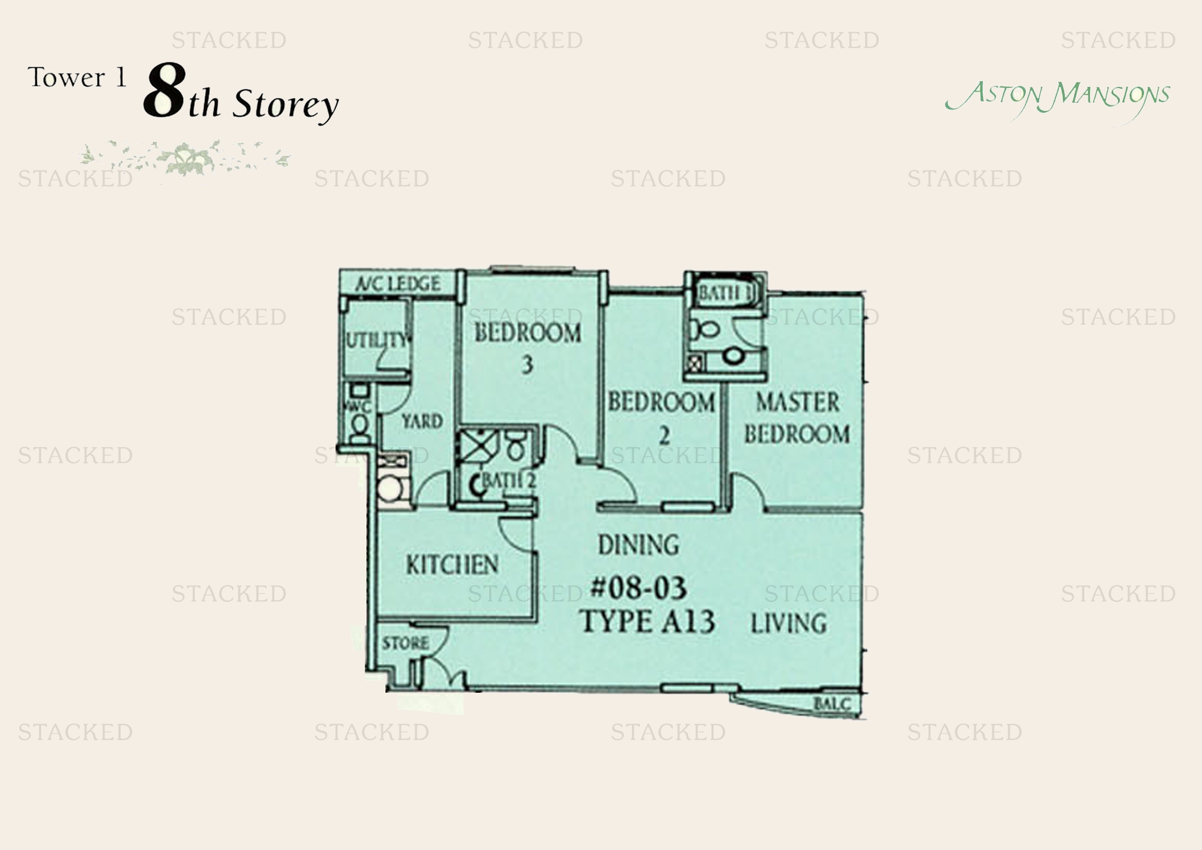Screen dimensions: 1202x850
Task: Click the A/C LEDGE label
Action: (398, 284)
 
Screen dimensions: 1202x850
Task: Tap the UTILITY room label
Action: (377, 340)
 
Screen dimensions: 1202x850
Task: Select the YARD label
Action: (422, 421)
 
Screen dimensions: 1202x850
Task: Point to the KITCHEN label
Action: (452, 565)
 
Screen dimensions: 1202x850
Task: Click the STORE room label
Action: (405, 643)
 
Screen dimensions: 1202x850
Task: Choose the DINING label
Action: (639, 545)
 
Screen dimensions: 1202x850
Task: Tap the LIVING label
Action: (789, 623)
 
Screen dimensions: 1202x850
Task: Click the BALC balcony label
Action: (831, 704)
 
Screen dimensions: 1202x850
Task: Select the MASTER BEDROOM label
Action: (797, 418)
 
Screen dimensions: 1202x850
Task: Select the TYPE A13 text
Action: (647, 622)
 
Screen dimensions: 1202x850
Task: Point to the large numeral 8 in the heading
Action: (164, 90)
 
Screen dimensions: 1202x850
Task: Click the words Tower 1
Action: (78, 78)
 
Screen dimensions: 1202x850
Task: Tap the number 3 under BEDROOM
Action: (527, 364)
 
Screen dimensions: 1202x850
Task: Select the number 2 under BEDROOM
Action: (664, 435)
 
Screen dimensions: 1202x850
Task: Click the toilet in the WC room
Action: (359, 427)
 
